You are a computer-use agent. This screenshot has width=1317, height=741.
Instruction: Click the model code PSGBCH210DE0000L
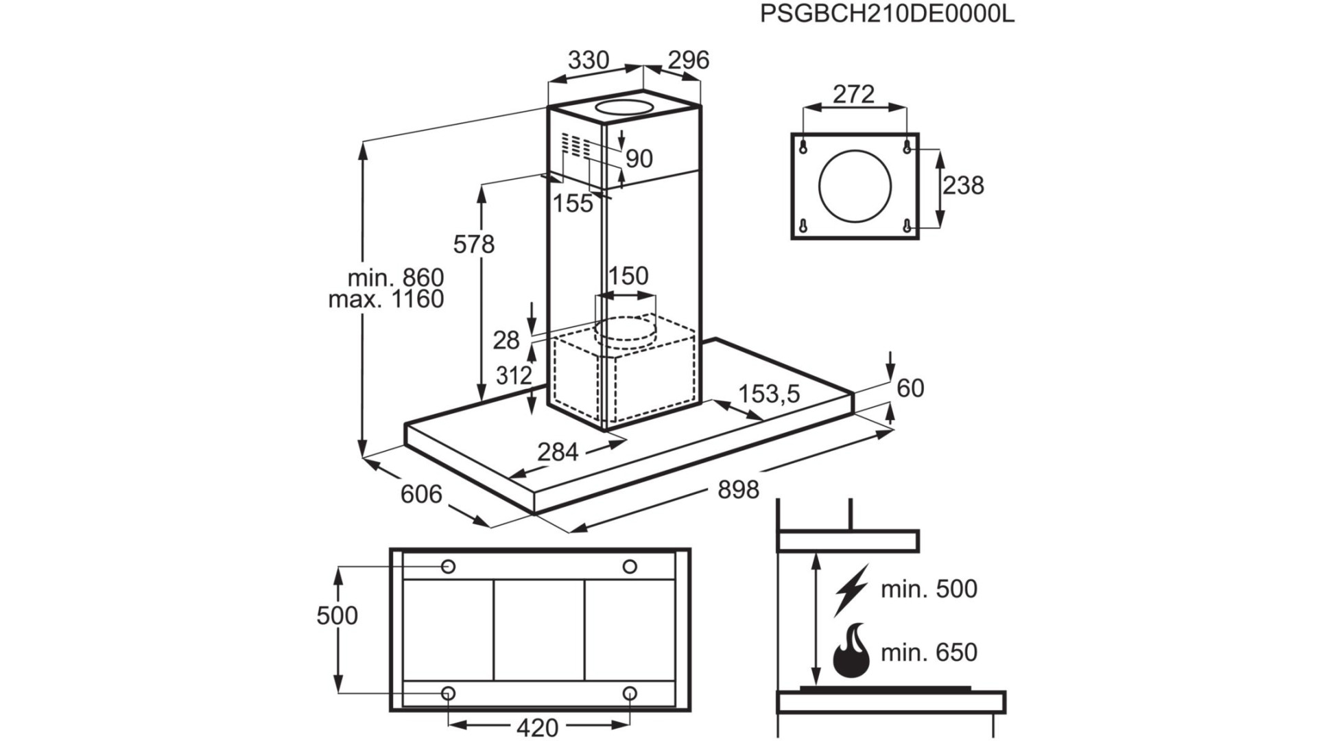887,14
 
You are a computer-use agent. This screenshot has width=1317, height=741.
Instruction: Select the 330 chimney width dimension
589,60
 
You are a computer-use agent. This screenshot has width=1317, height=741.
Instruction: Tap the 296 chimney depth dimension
688,60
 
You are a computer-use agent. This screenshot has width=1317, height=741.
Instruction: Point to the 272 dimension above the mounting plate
854,94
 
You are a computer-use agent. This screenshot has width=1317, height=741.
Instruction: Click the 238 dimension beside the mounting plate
963,185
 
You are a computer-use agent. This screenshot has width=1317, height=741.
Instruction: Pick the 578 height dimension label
474,244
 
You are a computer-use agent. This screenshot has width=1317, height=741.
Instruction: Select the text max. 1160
386,300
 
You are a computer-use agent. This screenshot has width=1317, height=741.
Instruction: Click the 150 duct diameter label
628,276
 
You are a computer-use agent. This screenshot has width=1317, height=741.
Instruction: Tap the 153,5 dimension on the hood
770,395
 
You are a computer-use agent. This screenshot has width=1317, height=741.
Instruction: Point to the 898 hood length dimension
739,490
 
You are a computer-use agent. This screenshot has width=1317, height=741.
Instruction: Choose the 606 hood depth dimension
421,494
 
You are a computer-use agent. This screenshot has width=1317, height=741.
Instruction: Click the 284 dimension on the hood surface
558,452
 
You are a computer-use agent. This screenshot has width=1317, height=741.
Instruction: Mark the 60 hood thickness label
911,389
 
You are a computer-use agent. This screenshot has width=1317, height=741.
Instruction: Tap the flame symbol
851,650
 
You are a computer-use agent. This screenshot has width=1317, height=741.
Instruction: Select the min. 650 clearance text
929,652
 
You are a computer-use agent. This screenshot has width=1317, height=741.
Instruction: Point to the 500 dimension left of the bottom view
337,615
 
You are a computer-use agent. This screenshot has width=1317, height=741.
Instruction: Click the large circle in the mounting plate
855,186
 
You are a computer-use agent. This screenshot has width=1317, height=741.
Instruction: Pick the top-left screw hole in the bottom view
448,567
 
